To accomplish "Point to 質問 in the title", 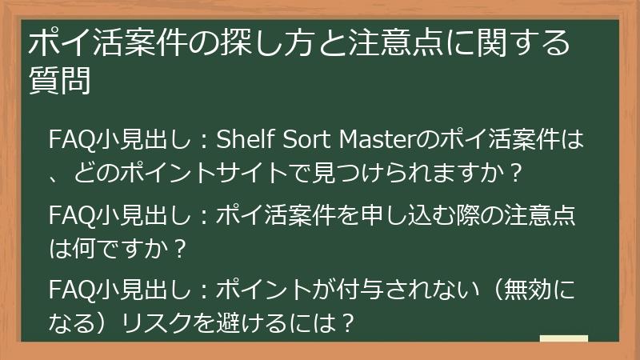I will point(58,81).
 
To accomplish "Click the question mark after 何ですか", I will point(179,248).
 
